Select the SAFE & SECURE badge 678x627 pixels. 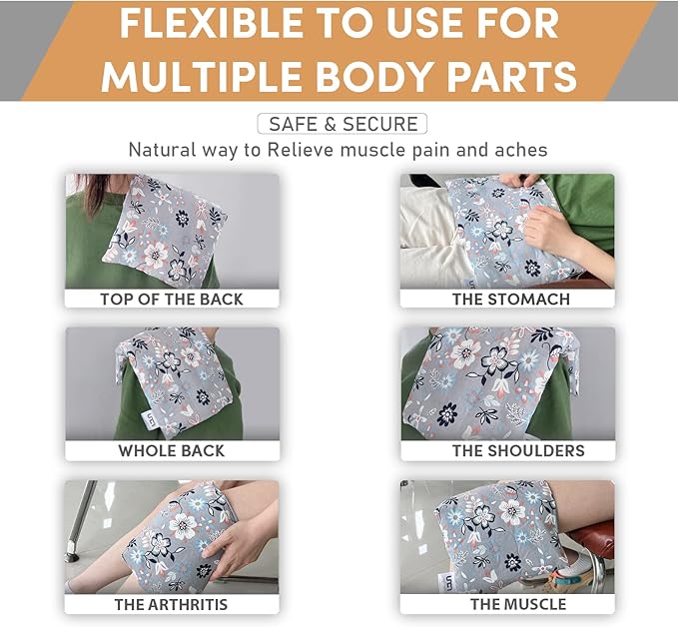(341, 124)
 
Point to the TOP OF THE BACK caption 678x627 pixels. (172, 299)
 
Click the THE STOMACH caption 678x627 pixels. (511, 299)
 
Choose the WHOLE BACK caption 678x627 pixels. (172, 450)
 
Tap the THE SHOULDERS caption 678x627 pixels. (518, 450)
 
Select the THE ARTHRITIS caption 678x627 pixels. (171, 604)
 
